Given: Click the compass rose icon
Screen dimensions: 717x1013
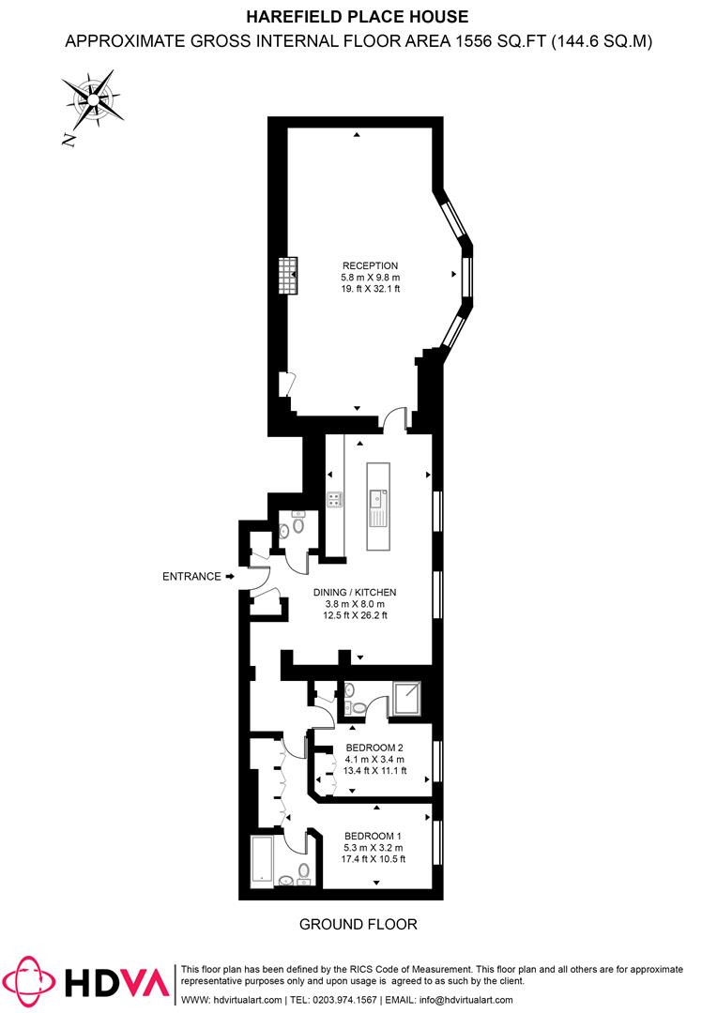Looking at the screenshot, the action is point(94,99).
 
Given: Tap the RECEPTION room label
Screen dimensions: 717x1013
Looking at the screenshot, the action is point(371,265).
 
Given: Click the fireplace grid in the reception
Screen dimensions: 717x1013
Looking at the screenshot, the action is point(288,275).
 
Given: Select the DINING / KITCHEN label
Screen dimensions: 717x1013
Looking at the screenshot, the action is point(355,592).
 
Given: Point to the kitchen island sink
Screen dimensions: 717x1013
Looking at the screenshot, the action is point(376,498).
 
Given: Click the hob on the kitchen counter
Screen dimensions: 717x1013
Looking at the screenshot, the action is point(335,499).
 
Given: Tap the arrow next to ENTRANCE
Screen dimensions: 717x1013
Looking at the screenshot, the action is point(230,576).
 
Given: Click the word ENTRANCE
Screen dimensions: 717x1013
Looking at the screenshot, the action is point(191,576).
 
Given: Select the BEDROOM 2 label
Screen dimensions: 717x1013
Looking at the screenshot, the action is point(374,748).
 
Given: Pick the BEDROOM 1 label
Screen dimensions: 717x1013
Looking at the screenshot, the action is point(374,836).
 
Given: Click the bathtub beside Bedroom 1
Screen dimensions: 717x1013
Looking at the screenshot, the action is point(263,862).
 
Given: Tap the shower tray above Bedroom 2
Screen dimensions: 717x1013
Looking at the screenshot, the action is point(407,699).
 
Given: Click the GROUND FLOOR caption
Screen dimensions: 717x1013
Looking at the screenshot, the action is point(358,925).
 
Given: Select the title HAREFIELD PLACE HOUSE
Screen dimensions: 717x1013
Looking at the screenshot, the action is point(358,17).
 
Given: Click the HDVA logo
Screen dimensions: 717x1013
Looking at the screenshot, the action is point(92,982).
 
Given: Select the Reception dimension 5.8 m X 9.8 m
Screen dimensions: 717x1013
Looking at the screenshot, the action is point(371,277).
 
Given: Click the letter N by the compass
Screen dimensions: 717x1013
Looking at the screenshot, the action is point(69,139).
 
